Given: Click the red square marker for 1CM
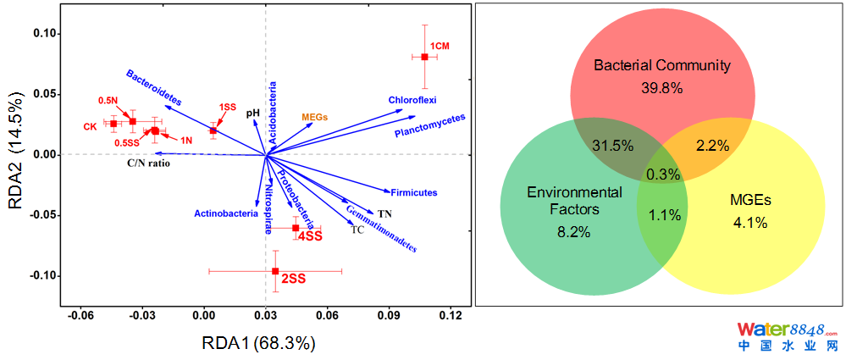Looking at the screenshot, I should pyautogui.click(x=425, y=57).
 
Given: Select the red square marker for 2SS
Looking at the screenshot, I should pyautogui.click(x=275, y=271).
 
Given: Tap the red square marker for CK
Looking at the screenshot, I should pyautogui.click(x=113, y=124).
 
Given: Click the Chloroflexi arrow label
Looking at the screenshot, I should pyautogui.click(x=412, y=100).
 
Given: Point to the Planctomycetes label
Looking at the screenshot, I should pyautogui.click(x=430, y=126).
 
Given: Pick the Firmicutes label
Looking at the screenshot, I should pyautogui.click(x=413, y=193).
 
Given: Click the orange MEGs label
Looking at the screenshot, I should pyautogui.click(x=314, y=117).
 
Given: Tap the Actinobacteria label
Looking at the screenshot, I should pyautogui.click(x=226, y=213).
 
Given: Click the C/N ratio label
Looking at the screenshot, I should pyautogui.click(x=149, y=163).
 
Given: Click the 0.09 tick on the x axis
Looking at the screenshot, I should pyautogui.click(x=389, y=315).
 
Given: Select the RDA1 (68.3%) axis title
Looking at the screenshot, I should pyautogui.click(x=258, y=343).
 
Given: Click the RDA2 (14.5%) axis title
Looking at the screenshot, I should pyautogui.click(x=19, y=154).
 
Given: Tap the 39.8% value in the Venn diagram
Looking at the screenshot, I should pyautogui.click(x=661, y=86).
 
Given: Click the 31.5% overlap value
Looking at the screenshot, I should pyautogui.click(x=612, y=145).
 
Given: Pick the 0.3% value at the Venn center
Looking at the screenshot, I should pyautogui.click(x=661, y=174).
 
